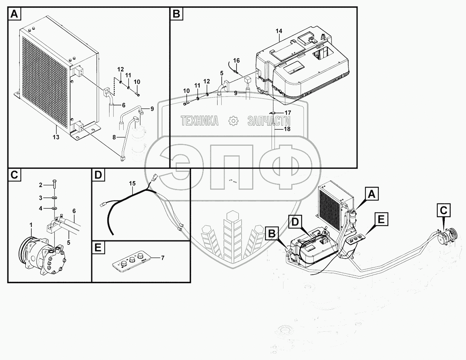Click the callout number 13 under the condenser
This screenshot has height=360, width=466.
coord(56,138)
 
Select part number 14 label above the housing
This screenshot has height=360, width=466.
coord(279,31)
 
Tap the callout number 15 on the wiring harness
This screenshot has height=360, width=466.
coord(132,184)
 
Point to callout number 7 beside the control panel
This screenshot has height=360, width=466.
coord(162,258)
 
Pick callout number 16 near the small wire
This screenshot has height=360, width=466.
coord(237,60)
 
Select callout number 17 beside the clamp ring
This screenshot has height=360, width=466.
coord(288,112)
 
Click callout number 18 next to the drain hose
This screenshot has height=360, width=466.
coord(286,129)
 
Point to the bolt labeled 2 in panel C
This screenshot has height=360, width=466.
coord(55,183)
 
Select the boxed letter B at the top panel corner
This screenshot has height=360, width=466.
coord(176,15)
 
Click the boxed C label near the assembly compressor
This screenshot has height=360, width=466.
coord(443,211)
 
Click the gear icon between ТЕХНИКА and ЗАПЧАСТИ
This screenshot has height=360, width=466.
coord(233,120)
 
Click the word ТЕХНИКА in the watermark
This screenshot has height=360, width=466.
coord(200,121)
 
